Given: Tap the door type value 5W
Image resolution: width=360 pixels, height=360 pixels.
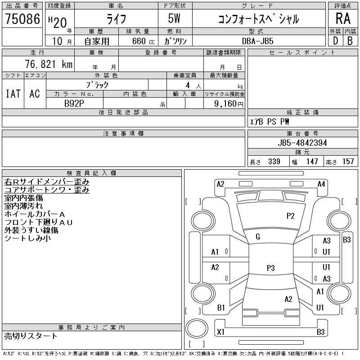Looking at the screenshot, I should (175, 19).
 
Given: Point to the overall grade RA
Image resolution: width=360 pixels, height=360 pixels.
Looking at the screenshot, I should (343, 19).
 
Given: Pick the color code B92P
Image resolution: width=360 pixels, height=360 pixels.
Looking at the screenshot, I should (74, 103).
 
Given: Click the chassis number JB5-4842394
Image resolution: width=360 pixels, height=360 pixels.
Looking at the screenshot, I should (302, 143).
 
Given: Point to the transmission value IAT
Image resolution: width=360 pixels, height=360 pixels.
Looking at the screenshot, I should (13, 94).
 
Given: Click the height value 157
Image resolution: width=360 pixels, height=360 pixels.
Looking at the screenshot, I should (348, 162).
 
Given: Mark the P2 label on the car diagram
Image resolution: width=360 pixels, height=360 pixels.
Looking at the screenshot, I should (290, 216).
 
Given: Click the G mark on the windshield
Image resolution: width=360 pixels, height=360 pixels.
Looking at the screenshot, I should (258, 236).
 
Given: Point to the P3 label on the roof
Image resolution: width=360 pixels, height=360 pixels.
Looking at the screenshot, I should (270, 268).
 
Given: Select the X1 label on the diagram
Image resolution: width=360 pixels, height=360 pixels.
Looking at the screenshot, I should (220, 332).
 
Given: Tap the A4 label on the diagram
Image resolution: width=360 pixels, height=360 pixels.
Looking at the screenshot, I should (321, 184).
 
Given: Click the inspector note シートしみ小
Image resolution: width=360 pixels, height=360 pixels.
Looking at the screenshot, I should (27, 238).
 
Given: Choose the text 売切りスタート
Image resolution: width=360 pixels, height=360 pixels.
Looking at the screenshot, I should (31, 336).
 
